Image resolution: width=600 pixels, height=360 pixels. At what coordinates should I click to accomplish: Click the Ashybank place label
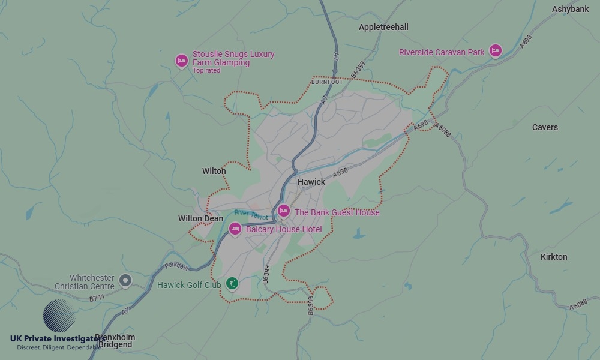coord(571,9)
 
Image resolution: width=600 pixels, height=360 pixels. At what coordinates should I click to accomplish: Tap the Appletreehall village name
coord(383,27)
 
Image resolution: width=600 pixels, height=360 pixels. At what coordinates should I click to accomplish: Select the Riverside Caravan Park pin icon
coord(495,51)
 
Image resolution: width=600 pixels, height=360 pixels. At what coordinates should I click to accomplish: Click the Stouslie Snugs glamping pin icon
coord(181,60)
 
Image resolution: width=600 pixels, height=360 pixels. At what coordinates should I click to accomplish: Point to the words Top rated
coord(206,71)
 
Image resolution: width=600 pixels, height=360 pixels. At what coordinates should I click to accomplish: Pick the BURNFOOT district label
coord(327,82)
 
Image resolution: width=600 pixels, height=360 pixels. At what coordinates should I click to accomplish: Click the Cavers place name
coord(545,127)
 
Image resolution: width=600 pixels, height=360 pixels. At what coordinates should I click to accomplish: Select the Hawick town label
coord(311,182)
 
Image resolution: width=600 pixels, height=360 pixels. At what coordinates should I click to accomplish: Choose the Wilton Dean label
coord(200,218)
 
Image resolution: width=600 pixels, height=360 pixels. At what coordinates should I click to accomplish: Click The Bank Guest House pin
coord(284,211)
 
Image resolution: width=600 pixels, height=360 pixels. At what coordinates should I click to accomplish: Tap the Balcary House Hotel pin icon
coord(235,229)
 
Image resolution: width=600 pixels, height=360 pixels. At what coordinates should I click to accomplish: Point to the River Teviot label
coord(251,214)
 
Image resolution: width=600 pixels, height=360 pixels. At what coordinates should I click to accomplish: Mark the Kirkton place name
coord(554,257)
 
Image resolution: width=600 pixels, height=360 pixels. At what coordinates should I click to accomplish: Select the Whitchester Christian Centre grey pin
coord(125,280)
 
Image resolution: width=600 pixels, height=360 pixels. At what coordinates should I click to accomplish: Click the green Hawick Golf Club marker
coord(232,283)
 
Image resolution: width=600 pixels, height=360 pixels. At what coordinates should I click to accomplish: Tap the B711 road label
coord(97,298)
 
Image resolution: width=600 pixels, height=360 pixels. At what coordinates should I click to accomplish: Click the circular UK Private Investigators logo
coord(59,316)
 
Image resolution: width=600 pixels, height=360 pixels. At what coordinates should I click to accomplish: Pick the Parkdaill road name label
coord(176,266)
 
